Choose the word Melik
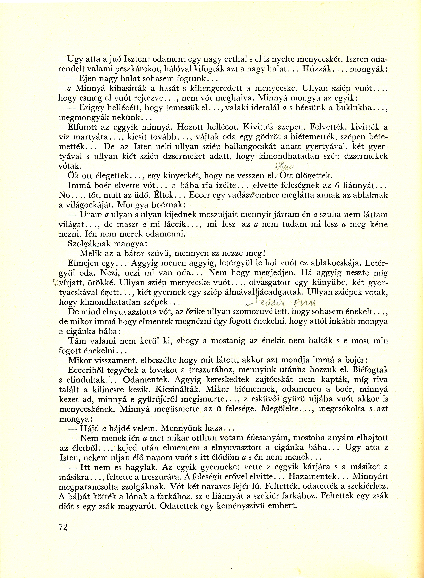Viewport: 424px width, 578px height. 90,253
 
